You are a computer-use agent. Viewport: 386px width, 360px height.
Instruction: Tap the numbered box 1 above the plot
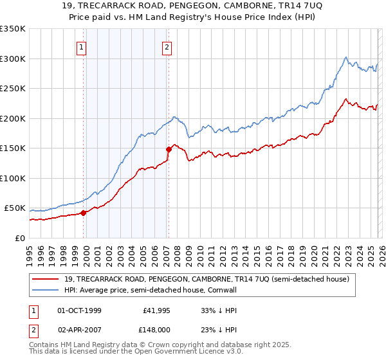[82, 46]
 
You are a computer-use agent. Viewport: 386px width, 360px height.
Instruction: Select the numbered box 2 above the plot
[167, 46]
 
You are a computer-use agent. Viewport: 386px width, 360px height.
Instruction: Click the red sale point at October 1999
[84, 213]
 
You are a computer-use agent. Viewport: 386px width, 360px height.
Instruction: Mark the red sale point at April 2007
[169, 149]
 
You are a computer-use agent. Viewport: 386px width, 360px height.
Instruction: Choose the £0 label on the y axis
[19, 238]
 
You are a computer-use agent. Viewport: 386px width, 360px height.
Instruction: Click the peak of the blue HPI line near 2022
[346, 57]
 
